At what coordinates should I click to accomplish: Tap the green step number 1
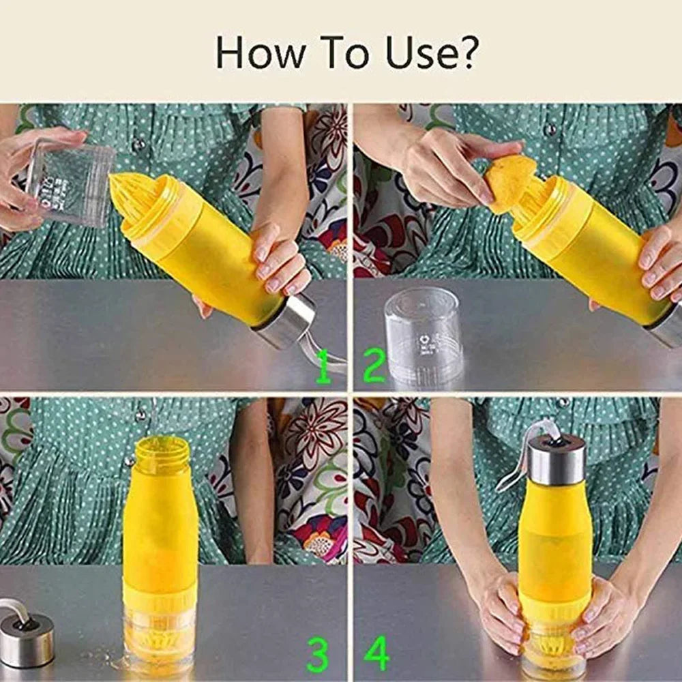click(x=323, y=366)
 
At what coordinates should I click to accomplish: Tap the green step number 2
click(x=373, y=366)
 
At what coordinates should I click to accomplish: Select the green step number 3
click(x=318, y=655)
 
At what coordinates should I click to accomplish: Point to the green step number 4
click(x=376, y=653)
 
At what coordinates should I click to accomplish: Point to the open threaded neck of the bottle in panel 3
click(x=161, y=454)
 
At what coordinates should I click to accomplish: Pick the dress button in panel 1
click(x=139, y=145)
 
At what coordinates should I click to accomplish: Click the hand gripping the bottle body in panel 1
click(x=280, y=263)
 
